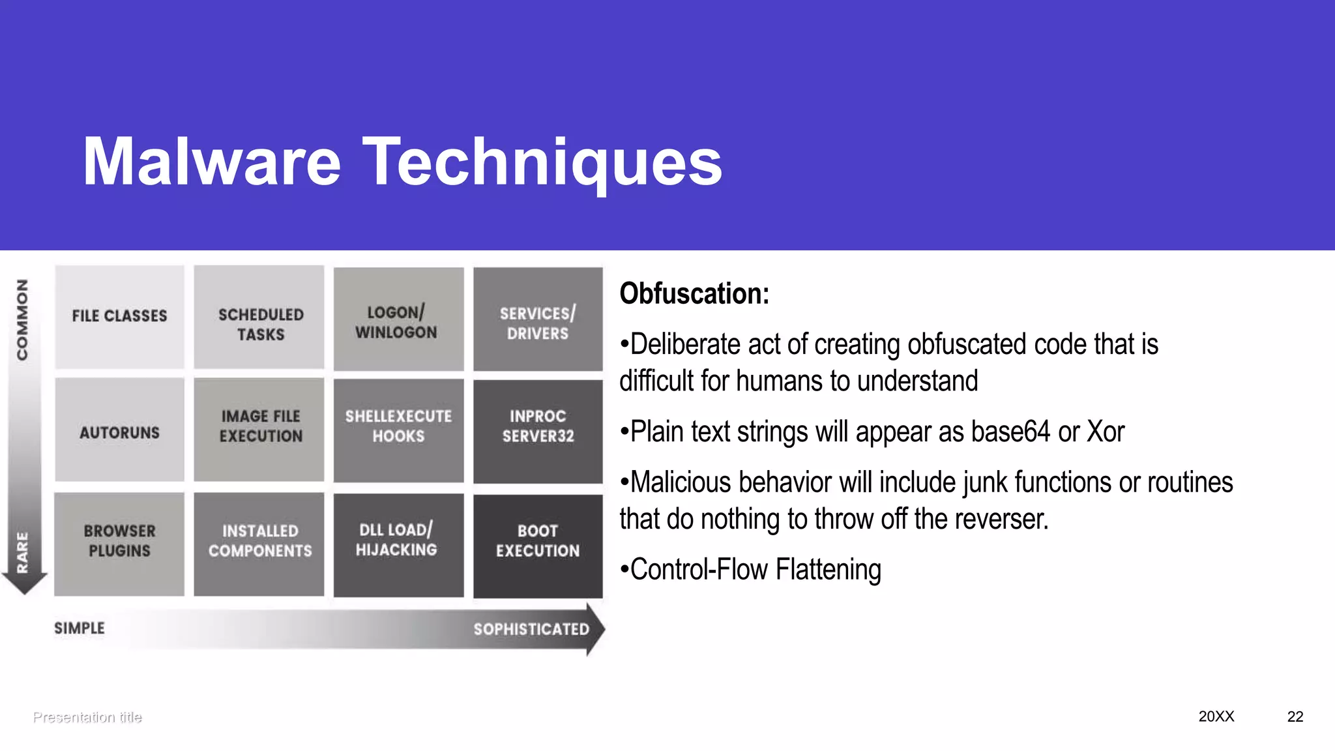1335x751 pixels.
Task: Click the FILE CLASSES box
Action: [119, 317]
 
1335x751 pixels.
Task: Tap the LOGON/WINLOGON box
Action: [398, 319]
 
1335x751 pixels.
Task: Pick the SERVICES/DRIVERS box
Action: [538, 319]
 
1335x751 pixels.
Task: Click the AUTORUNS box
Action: [119, 430]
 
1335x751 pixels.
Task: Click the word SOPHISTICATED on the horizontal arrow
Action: [531, 629]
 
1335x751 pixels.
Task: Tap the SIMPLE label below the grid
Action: [80, 628]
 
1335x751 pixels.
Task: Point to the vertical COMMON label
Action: [23, 319]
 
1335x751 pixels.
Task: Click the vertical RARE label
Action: [23, 552]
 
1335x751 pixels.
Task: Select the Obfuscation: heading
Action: [694, 294]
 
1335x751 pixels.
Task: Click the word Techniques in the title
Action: [542, 162]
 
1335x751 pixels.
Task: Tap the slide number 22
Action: [1295, 716]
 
